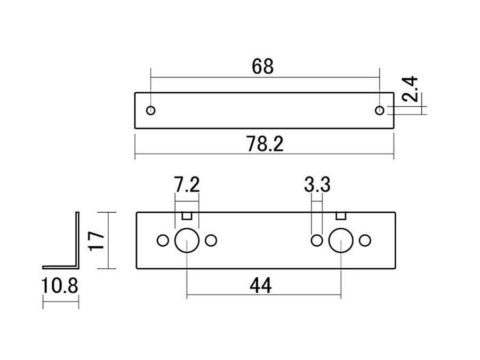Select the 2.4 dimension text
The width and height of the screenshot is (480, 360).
click(411, 89)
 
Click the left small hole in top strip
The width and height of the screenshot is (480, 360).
click(151, 110)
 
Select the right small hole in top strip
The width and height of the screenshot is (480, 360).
click(379, 110)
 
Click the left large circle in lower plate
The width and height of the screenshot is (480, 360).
click(187, 241)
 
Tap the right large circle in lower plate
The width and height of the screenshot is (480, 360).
click(341, 241)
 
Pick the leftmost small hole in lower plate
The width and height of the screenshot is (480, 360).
click(163, 241)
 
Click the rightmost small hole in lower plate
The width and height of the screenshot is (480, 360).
click(365, 241)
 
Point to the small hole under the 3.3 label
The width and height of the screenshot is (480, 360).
click(317, 241)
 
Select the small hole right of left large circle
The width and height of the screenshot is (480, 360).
click(211, 241)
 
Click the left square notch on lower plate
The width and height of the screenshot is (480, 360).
click(187, 215)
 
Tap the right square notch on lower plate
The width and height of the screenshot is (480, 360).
click(341, 215)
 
